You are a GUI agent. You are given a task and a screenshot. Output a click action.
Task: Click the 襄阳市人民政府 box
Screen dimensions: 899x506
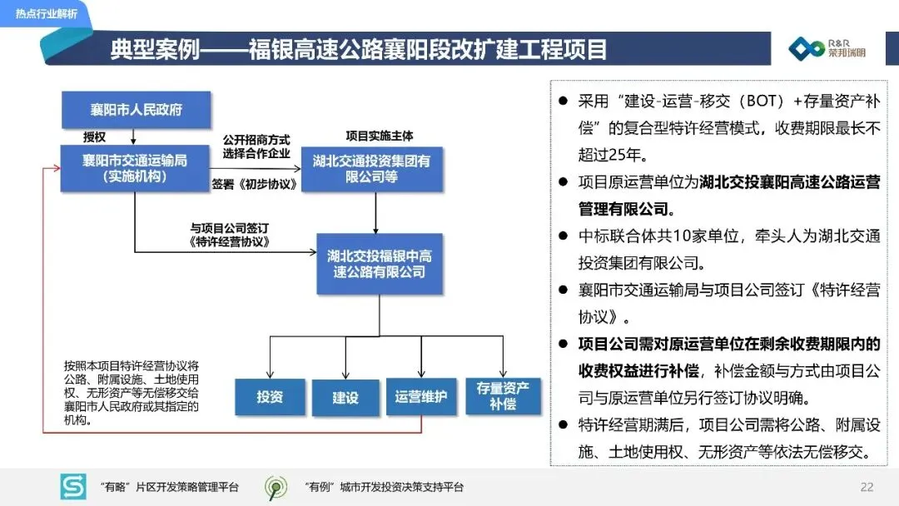pos(137,110)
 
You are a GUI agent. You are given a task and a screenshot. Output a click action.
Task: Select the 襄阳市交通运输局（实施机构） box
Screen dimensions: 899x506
pos(135,168)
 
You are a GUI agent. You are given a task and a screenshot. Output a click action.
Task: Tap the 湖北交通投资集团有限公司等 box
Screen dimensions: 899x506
pos(371,169)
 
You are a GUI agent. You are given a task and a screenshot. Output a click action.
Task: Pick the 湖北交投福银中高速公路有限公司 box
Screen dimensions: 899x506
pos(380,263)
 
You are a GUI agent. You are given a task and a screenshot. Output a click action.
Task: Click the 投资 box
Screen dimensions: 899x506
pos(269,397)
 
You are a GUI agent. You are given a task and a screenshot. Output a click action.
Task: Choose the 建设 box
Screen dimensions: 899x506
pos(345,397)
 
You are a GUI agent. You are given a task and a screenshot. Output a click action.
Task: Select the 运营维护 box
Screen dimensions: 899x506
pos(420,397)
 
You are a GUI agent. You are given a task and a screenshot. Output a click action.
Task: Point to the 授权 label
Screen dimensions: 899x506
pos(95,136)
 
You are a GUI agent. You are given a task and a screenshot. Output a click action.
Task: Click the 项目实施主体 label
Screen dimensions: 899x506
pos(379,135)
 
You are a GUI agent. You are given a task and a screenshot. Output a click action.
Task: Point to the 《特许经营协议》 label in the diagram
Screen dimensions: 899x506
pos(230,242)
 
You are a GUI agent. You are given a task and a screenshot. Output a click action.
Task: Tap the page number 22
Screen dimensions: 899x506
pos(867,487)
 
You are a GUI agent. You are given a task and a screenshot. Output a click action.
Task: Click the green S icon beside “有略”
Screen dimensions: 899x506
pos(73,487)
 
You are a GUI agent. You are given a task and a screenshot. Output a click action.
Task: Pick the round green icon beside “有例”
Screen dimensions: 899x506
pos(276,487)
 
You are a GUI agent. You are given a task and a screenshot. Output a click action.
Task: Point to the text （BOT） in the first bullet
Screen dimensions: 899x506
pos(752,102)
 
